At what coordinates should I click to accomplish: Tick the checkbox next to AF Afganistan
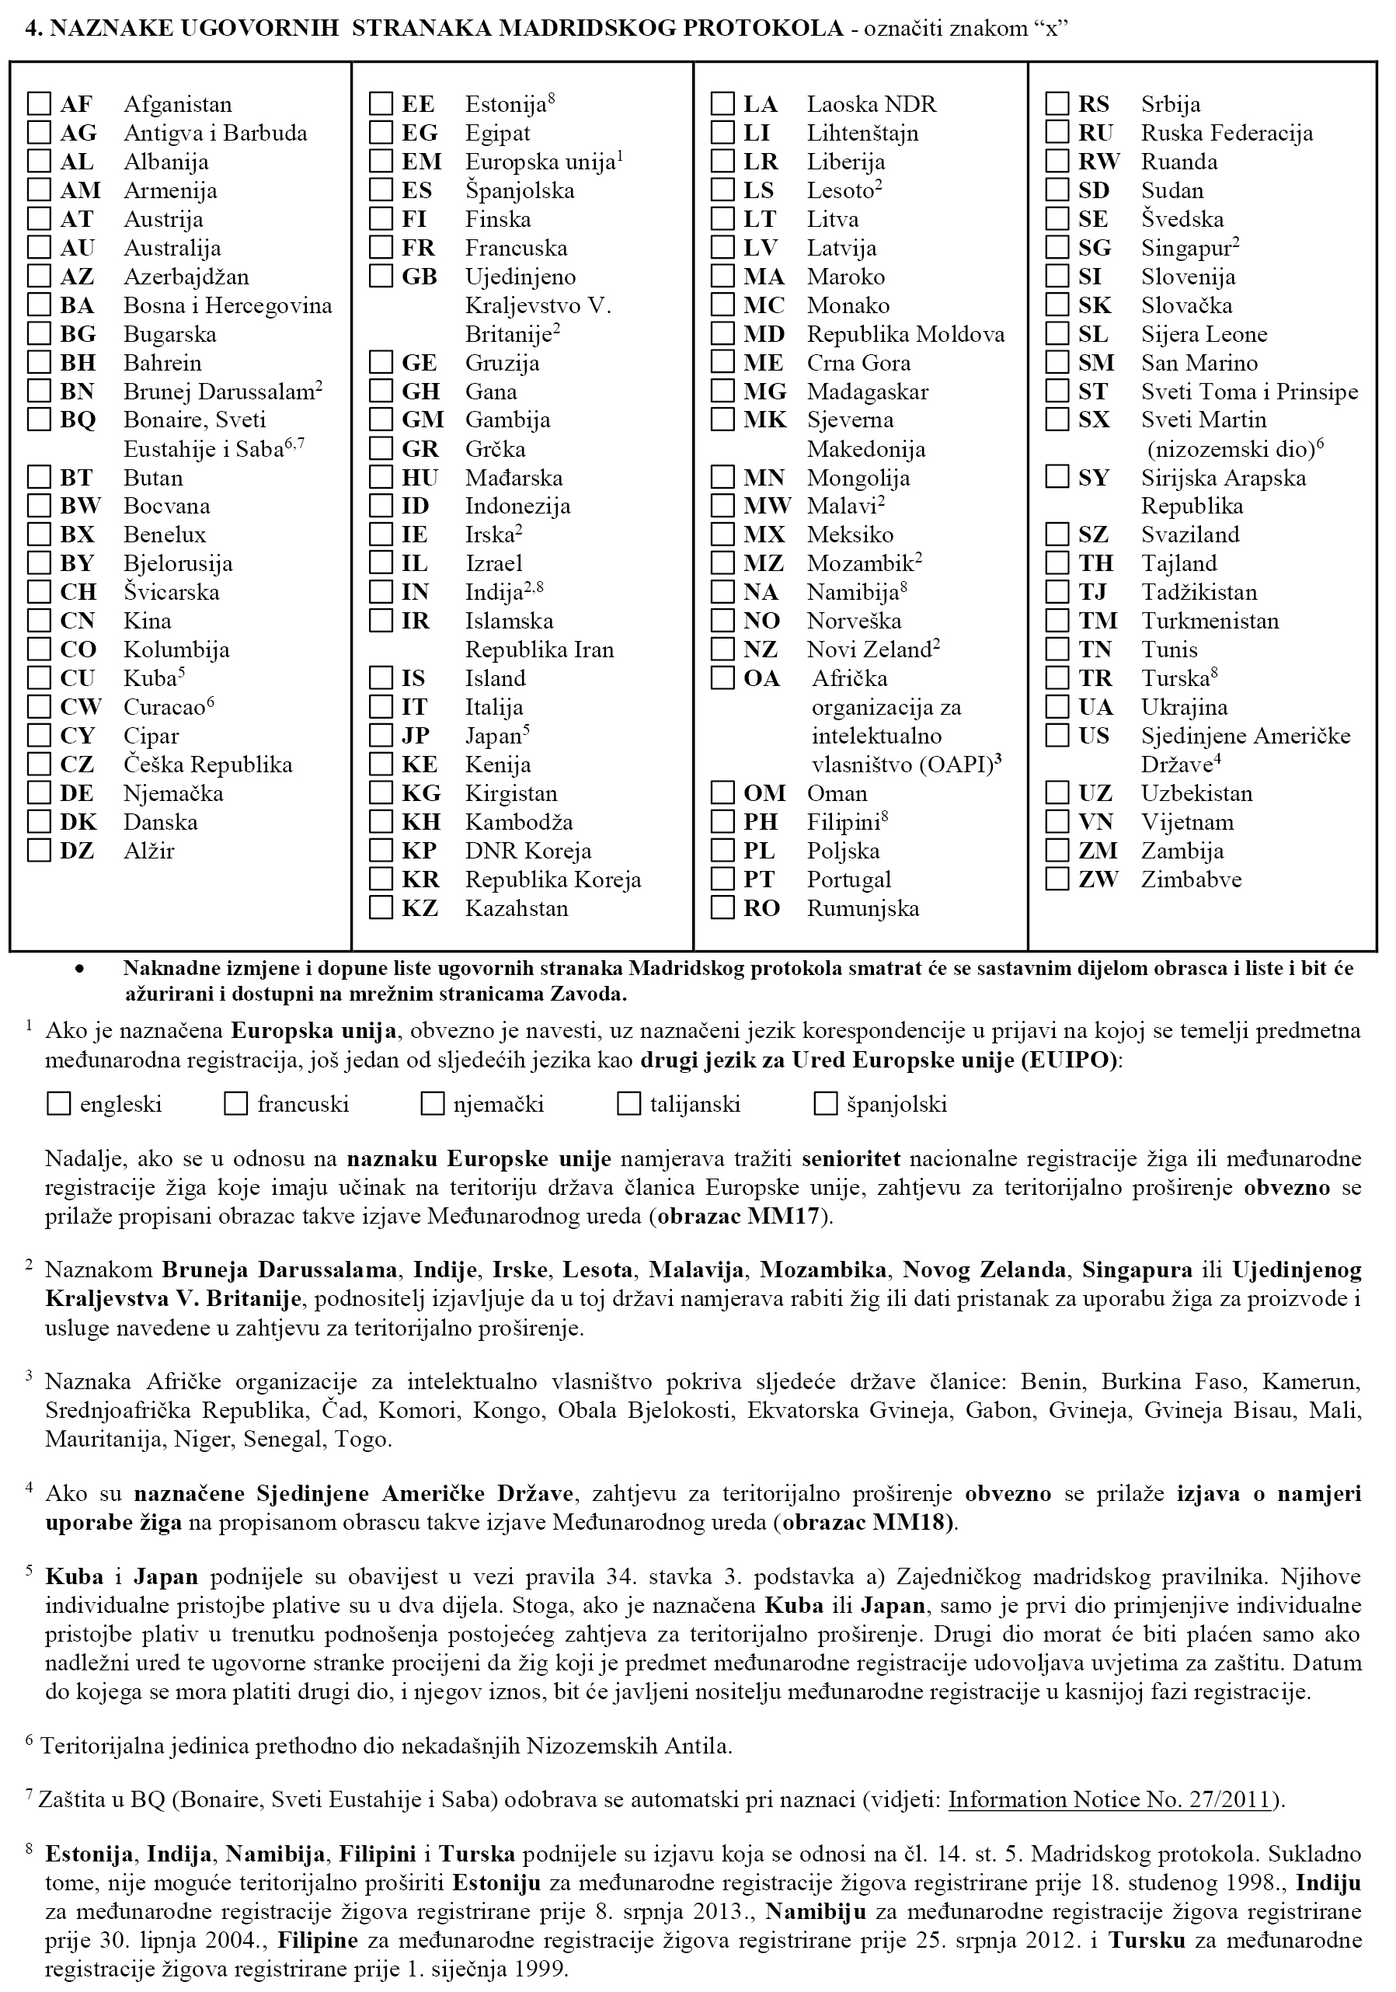[x=39, y=104]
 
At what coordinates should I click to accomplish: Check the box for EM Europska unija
[x=381, y=162]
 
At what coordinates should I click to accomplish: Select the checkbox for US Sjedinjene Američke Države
[x=1057, y=736]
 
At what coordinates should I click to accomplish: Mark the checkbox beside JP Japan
[x=381, y=736]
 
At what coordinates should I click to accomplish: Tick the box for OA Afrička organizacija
[x=722, y=677]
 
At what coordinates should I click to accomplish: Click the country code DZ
[x=76, y=851]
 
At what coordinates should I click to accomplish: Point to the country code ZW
[x=1098, y=879]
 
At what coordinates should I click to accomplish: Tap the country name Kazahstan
[x=517, y=908]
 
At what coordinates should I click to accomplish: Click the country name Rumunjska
[x=862, y=908]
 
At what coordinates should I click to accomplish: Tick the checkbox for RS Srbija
[x=1057, y=104]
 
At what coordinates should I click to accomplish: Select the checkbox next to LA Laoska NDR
[x=722, y=104]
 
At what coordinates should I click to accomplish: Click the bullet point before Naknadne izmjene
[x=81, y=969]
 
